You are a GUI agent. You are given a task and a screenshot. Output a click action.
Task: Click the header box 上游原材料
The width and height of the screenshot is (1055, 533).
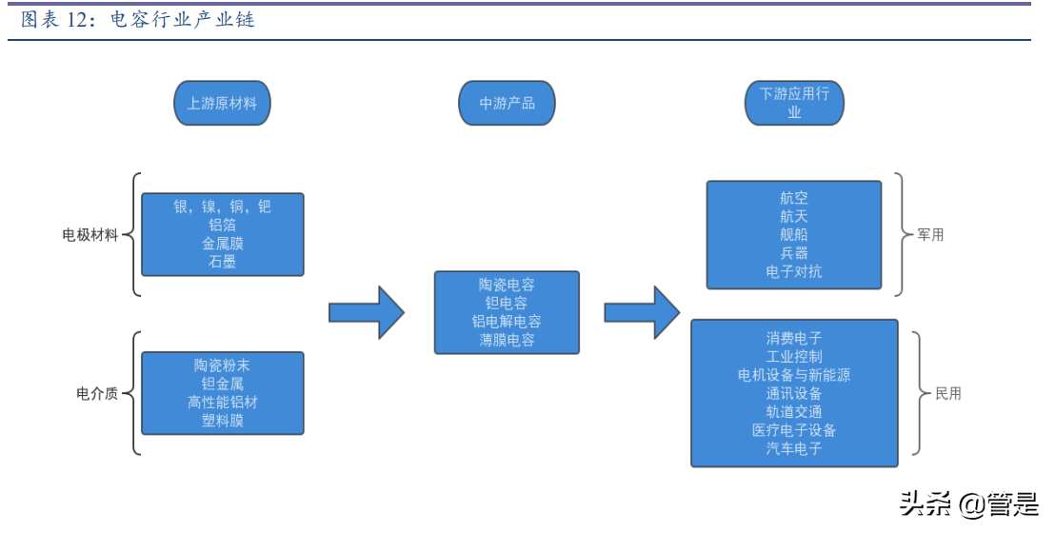point(222,103)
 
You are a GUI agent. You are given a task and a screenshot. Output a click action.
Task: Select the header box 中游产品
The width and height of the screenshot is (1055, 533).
point(507,103)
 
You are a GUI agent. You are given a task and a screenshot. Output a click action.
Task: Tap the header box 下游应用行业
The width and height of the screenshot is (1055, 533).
point(794,103)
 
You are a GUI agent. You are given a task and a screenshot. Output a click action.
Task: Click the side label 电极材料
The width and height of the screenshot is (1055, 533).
point(90,234)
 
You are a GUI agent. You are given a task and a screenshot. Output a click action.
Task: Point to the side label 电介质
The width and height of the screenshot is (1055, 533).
point(97,393)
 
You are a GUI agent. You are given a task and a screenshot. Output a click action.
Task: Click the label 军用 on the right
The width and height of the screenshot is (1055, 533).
point(930,234)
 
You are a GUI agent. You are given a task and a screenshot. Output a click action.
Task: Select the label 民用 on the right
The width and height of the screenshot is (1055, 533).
point(948,393)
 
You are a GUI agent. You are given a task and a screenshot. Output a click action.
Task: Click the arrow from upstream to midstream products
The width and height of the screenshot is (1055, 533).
point(367,312)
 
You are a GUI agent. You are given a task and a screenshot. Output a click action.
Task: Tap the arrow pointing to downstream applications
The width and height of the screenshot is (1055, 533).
point(642,312)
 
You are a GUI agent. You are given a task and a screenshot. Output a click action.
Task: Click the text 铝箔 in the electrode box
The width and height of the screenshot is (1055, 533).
point(222,225)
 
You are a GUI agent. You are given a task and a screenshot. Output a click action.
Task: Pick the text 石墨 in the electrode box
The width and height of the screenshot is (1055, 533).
point(222,262)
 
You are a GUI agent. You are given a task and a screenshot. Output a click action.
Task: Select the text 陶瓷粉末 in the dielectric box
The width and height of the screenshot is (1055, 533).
point(222,365)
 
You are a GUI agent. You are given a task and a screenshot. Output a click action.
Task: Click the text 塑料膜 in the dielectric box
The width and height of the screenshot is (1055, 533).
point(222,421)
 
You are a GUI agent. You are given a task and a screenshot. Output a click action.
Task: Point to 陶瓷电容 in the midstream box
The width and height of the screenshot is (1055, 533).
point(507,285)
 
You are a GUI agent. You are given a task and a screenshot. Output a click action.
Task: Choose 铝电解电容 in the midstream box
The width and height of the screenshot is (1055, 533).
point(507,322)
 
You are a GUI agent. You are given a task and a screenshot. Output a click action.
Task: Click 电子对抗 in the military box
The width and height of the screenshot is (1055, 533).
point(793,272)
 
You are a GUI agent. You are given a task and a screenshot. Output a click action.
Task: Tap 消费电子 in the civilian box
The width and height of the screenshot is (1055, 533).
point(793,338)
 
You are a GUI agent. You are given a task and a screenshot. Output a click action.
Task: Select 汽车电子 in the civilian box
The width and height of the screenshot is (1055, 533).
point(793,448)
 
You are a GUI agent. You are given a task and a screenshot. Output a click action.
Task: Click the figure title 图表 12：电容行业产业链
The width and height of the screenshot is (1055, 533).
point(138,20)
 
